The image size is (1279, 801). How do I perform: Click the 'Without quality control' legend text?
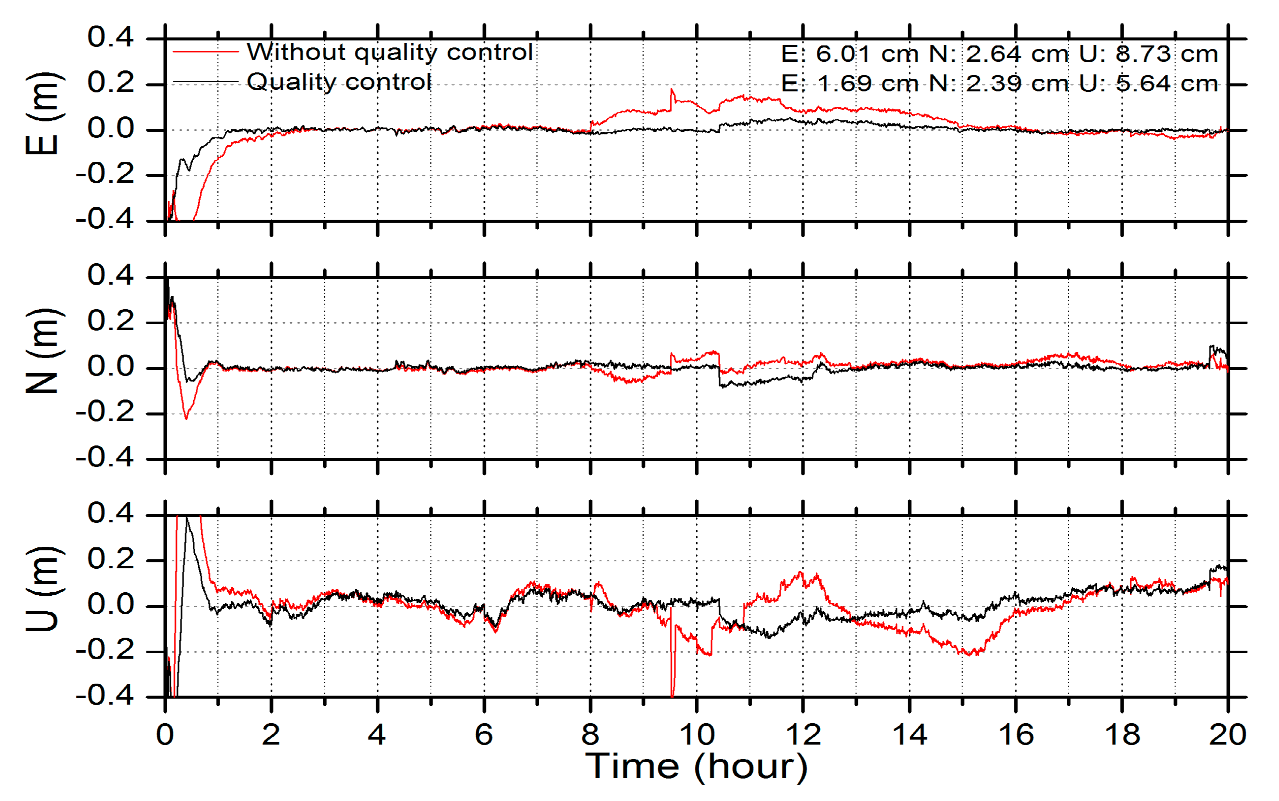click(389, 52)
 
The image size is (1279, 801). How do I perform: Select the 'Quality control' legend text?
click(339, 81)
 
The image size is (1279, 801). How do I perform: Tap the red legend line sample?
click(205, 52)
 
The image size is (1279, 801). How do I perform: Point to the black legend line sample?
click(205, 82)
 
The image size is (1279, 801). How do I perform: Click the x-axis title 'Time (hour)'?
click(696, 766)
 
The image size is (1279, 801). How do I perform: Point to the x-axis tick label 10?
click(696, 735)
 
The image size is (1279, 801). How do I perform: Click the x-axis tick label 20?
click(1227, 735)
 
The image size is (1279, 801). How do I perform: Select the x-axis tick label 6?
click(483, 735)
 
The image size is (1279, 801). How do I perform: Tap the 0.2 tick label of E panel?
click(110, 83)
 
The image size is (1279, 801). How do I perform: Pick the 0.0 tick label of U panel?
click(110, 605)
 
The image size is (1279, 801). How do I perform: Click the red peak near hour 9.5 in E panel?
click(672, 90)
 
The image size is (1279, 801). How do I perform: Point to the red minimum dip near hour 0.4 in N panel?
click(185, 418)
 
